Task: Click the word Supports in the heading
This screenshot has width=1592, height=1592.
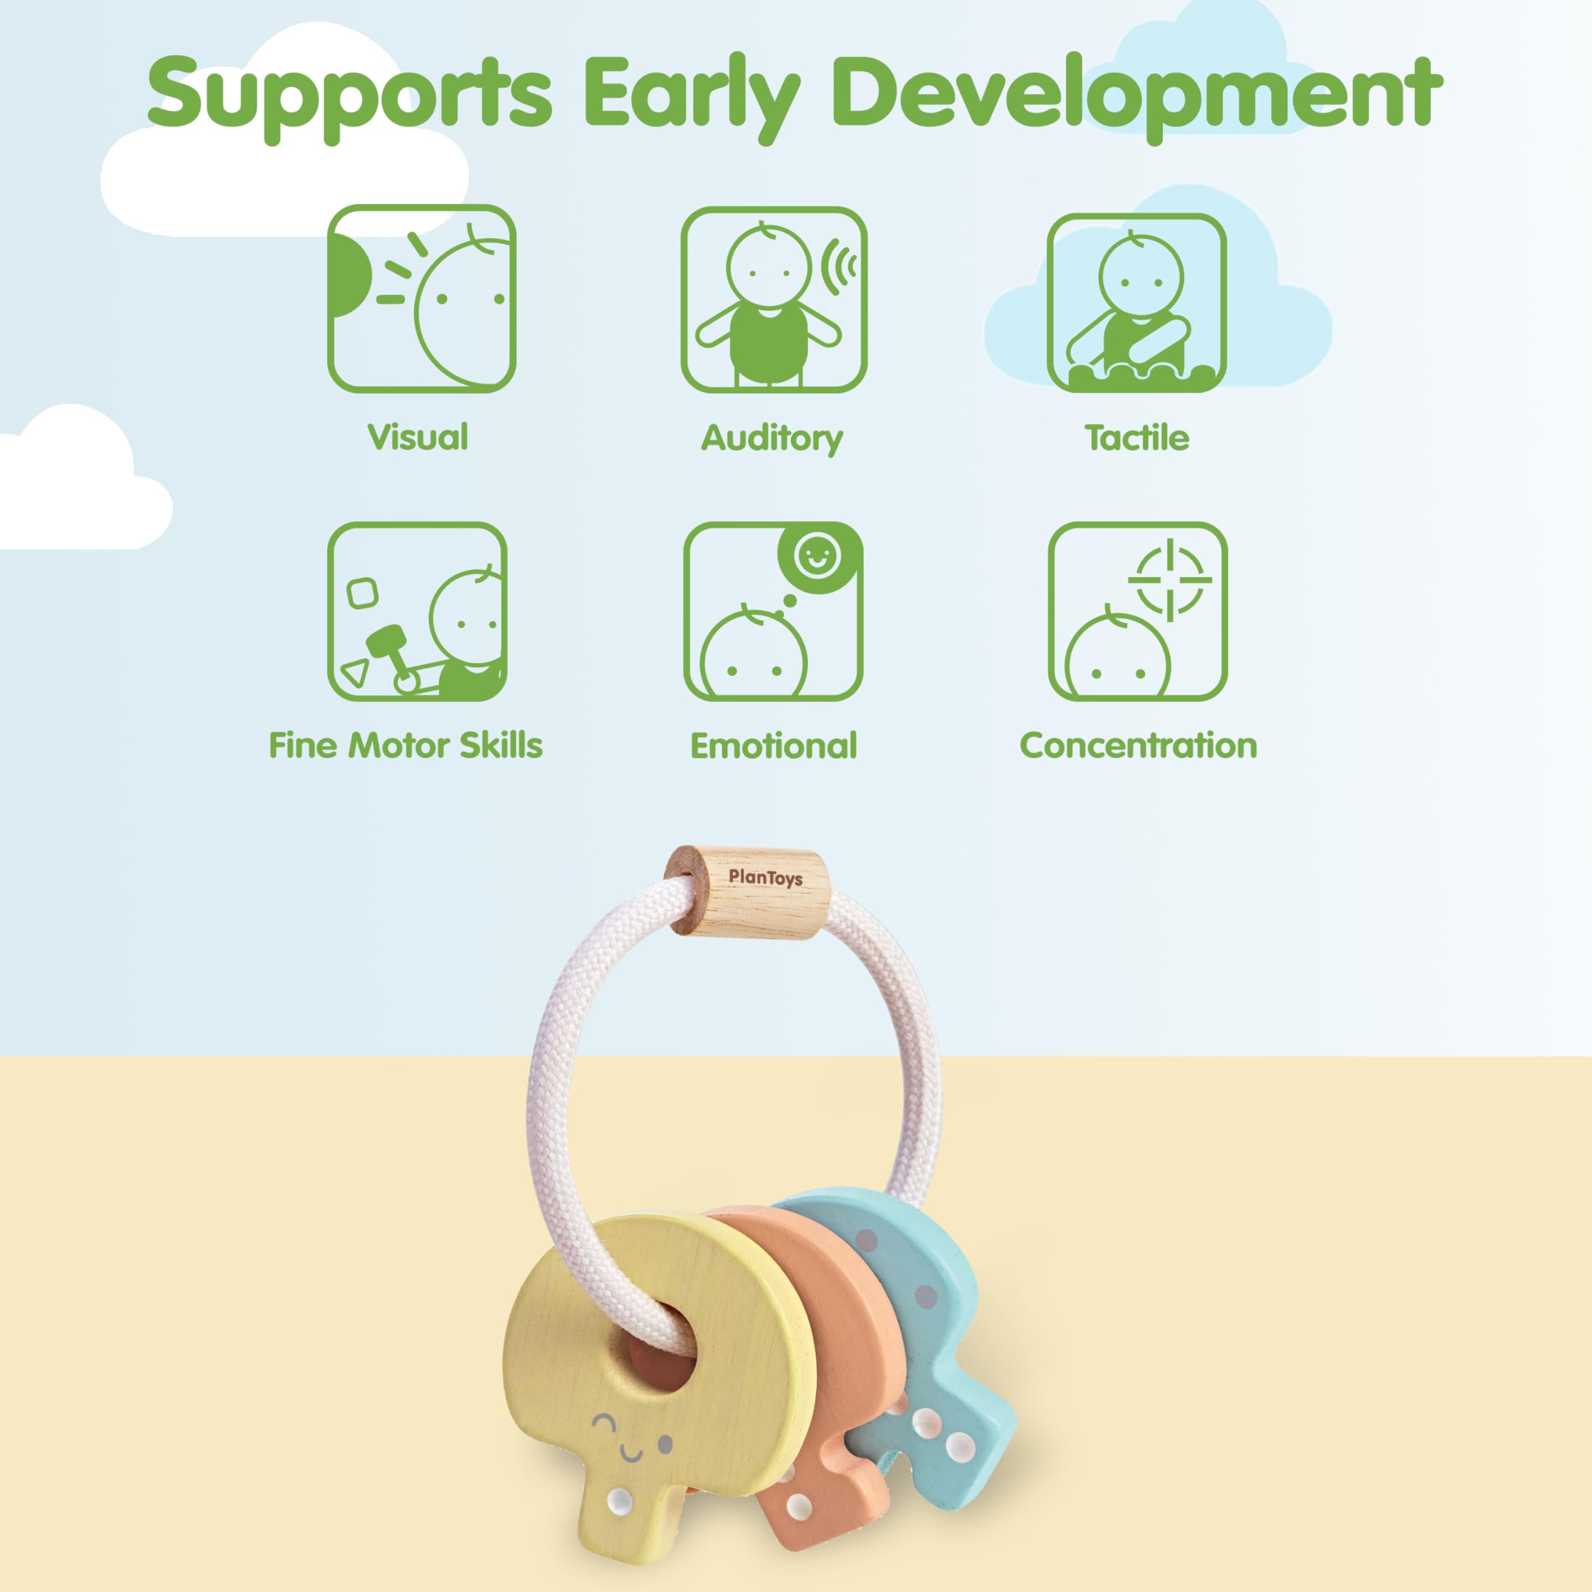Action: [349, 96]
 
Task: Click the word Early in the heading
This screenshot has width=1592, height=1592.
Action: [692, 97]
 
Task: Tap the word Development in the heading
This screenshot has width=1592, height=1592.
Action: [1137, 96]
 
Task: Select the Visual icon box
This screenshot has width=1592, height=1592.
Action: [421, 298]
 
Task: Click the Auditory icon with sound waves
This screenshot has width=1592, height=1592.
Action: [774, 299]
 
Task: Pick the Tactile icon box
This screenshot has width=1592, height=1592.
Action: [1136, 302]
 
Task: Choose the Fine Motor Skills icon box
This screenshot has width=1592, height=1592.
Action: [417, 611]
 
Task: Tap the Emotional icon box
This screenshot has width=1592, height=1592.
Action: [773, 611]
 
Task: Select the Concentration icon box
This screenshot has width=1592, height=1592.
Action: [1137, 611]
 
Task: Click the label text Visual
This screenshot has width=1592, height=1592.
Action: [418, 437]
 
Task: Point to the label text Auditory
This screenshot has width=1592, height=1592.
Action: [772, 439]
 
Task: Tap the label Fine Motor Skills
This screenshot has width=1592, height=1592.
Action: [405, 745]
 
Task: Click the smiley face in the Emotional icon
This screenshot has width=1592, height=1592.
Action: [816, 556]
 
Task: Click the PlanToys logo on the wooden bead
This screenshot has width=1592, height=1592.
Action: [765, 877]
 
